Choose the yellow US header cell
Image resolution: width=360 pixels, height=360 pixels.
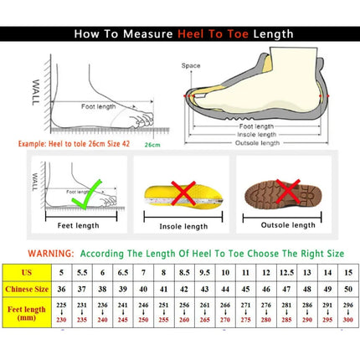click(27, 272)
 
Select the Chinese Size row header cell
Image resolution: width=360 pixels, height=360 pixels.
click(27, 290)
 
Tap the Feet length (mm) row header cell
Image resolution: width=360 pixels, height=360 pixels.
click(27, 313)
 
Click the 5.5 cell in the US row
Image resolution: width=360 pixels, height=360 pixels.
click(81, 272)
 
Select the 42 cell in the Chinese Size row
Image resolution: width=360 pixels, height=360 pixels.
click(184, 290)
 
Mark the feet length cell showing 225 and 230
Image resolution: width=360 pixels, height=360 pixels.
click(61, 313)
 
